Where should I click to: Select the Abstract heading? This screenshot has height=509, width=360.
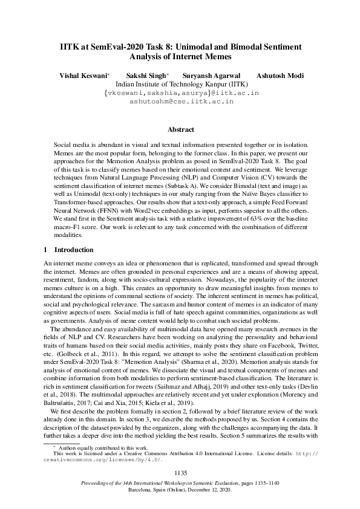click(180, 130)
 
